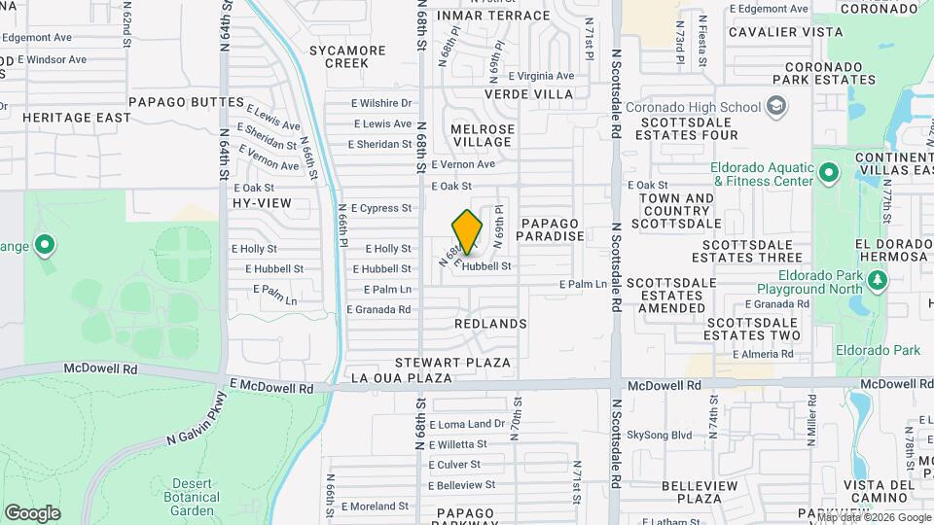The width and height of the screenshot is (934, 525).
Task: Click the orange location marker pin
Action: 468,231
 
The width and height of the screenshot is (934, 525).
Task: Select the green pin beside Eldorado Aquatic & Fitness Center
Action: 828,174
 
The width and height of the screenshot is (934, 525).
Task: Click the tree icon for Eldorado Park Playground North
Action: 879,281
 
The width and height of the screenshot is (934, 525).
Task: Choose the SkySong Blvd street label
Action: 659,435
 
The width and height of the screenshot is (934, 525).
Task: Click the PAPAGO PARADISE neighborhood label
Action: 550,229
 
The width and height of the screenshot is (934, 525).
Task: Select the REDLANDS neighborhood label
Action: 490,323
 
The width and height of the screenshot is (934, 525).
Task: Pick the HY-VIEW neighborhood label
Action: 262,203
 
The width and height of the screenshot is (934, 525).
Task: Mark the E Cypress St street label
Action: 381,208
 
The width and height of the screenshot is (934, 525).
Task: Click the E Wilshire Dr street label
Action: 381,103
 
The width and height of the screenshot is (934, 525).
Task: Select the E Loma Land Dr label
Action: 467,424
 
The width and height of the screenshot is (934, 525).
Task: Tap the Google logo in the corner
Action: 32,512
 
